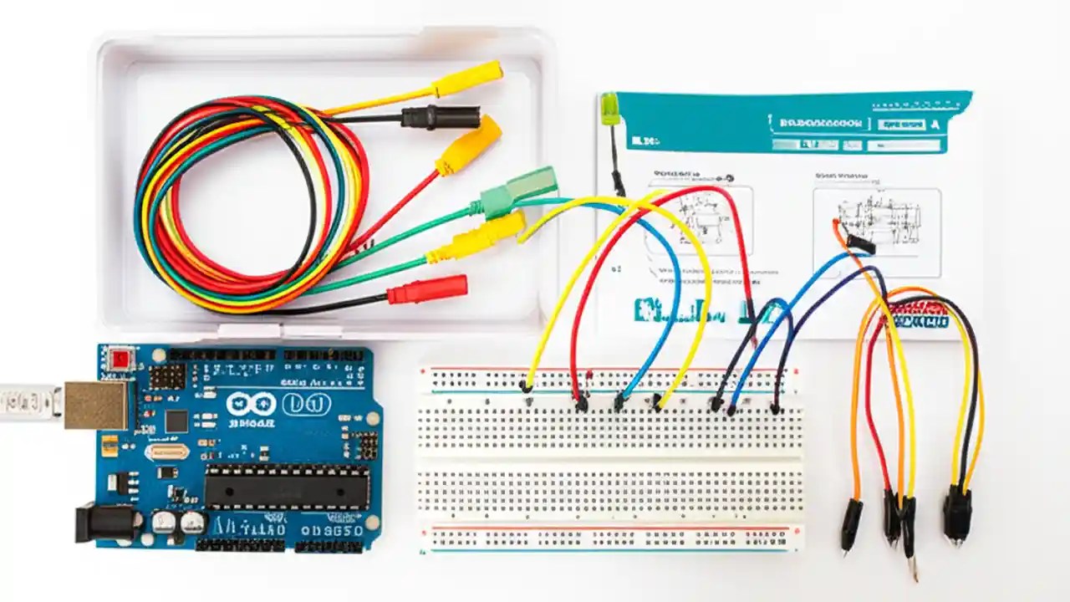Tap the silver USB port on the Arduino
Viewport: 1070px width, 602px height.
pos(97,405)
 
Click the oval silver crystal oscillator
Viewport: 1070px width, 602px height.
pos(166,452)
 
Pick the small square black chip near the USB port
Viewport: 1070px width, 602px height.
pos(176,421)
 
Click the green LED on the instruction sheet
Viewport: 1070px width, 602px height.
pos(610,109)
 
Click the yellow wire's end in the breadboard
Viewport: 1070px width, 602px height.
pos(526,386)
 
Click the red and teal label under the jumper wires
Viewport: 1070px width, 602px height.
pos(919,316)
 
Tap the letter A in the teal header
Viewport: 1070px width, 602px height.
pos(935,123)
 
